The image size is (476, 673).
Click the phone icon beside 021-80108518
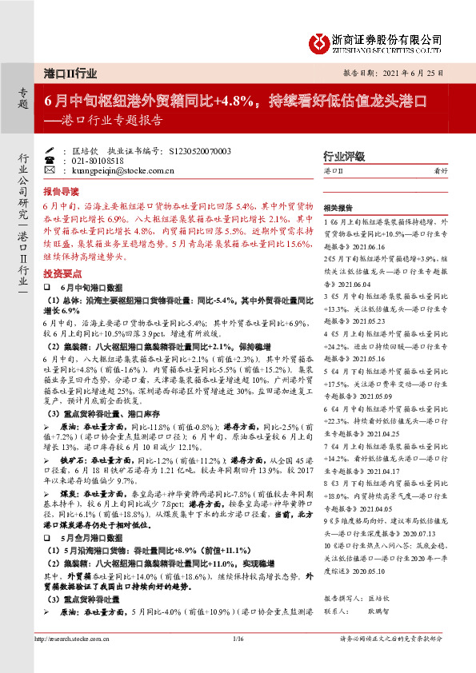pos(50,160)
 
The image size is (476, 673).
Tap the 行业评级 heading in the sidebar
pos(343,156)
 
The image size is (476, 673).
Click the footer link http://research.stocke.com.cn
pos(74,661)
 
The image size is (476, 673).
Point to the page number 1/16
pos(237,661)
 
